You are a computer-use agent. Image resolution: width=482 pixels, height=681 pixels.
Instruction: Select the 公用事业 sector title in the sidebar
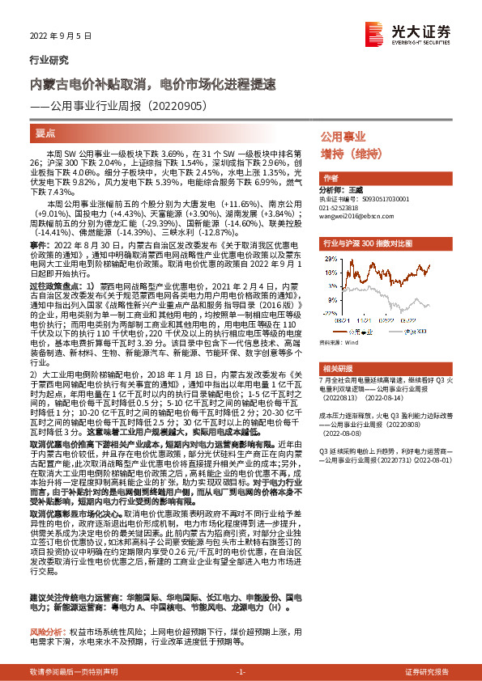(343, 137)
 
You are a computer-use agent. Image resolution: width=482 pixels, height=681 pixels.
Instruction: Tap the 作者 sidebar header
(331, 177)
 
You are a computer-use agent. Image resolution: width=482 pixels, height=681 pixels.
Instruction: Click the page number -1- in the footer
(241, 672)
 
